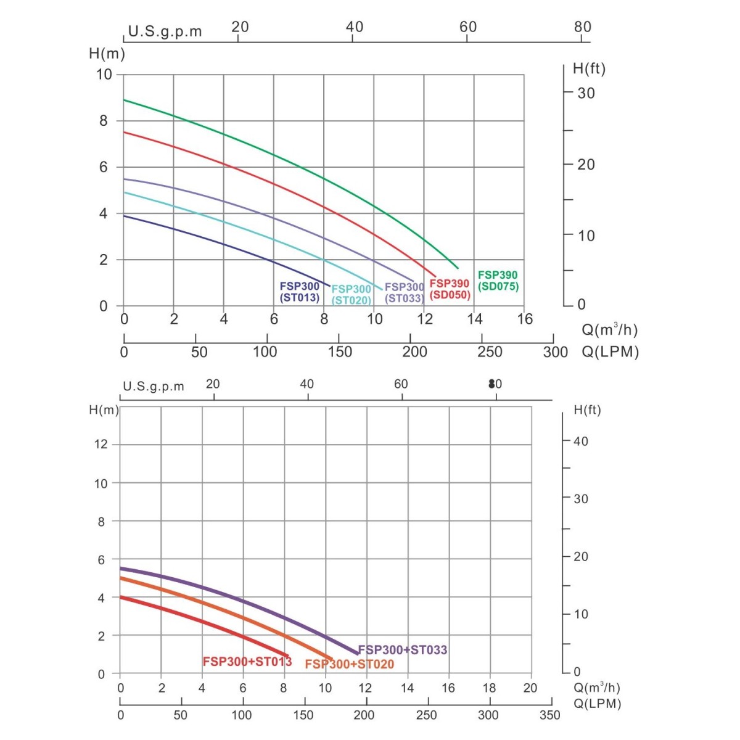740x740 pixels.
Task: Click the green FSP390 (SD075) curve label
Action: tap(498, 281)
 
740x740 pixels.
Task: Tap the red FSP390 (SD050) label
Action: tap(450, 289)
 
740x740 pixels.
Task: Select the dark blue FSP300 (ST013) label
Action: tap(300, 292)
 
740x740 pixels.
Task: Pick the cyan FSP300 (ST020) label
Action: tap(351, 295)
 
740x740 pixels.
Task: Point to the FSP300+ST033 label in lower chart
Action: tap(403, 649)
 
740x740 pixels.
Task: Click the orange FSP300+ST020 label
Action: tap(349, 664)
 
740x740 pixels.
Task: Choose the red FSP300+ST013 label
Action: tap(247, 662)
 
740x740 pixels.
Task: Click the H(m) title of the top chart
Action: tap(107, 54)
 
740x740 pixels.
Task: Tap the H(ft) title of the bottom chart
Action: tap(587, 410)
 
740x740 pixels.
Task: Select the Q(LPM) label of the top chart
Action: tap(610, 352)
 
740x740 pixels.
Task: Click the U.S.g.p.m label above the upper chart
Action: tap(165, 32)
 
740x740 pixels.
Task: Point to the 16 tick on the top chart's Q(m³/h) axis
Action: tap(525, 319)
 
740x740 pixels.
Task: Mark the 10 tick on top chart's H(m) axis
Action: tap(104, 75)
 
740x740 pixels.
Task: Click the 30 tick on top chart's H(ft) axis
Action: tap(586, 93)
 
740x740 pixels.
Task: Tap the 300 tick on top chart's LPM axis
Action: tap(555, 352)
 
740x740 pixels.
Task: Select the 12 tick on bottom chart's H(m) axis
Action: tap(101, 444)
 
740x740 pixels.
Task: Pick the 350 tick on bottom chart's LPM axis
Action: tap(549, 715)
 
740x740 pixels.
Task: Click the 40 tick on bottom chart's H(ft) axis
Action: tap(581, 442)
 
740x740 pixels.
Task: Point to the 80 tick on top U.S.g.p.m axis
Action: tap(582, 27)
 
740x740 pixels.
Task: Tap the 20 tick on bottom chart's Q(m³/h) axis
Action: tap(530, 688)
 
